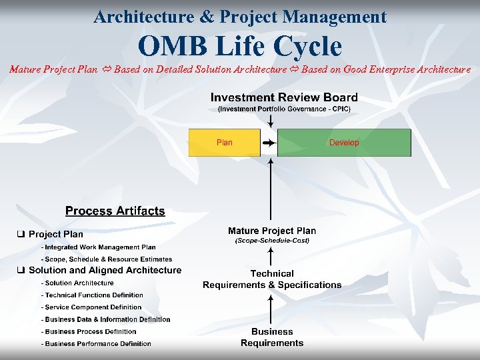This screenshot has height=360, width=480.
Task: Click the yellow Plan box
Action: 224,143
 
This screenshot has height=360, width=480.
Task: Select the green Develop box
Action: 344,143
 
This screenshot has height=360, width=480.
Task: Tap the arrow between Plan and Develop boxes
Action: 269,143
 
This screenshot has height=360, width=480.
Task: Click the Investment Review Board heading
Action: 284,97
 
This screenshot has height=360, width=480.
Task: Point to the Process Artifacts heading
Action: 115,211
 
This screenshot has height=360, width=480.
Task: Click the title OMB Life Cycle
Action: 239,47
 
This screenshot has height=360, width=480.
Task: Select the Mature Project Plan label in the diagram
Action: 272,231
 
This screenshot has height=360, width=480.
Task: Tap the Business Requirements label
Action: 272,337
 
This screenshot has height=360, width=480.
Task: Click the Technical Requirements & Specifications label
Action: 272,279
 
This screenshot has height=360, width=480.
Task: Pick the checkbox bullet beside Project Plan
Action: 21,234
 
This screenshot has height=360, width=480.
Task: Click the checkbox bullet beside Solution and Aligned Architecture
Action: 21,270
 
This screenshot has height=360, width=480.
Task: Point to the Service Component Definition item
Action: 93,307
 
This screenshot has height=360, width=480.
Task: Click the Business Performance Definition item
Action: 97,344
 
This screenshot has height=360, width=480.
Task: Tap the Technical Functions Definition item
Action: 93,295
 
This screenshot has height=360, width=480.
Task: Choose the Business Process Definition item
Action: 90,331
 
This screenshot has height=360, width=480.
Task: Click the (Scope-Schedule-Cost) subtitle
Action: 272,240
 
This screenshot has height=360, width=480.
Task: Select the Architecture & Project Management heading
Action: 240,17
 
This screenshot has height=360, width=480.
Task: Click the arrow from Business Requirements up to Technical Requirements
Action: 271,310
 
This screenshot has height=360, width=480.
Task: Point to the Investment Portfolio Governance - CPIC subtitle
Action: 284,109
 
